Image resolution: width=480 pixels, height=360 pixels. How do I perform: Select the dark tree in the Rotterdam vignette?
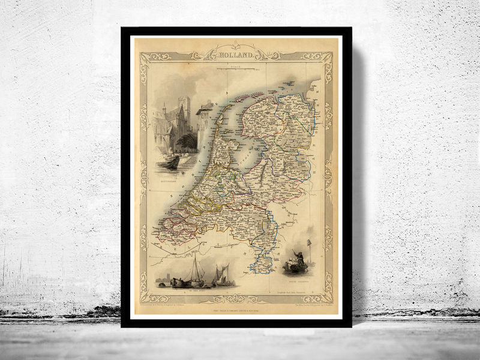(187, 143)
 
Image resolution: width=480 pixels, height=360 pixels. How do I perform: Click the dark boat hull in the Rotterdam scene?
(172, 163)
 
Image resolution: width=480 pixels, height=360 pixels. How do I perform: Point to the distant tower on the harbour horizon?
(164, 278)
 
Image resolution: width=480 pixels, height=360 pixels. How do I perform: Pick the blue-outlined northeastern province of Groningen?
(294, 108)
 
